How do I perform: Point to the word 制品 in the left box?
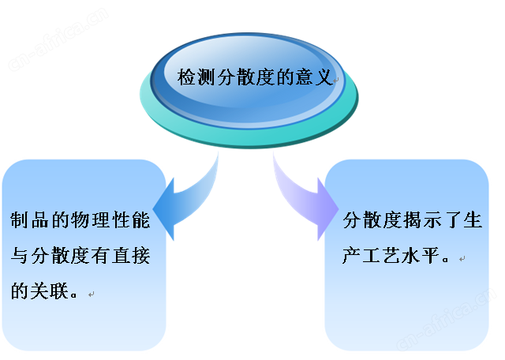[29, 220]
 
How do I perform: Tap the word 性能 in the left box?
[131, 220]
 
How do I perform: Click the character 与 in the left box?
[19, 256]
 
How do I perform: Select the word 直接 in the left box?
[131, 256]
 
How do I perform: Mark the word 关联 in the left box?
[50, 291]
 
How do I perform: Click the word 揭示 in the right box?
[423, 220]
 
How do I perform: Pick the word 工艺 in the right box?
[382, 256]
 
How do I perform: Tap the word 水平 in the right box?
[422, 256]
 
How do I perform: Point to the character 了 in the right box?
[453, 220]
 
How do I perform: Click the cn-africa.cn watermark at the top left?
[58, 39]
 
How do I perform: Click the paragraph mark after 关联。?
[92, 294]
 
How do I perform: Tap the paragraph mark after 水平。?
[462, 258]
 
